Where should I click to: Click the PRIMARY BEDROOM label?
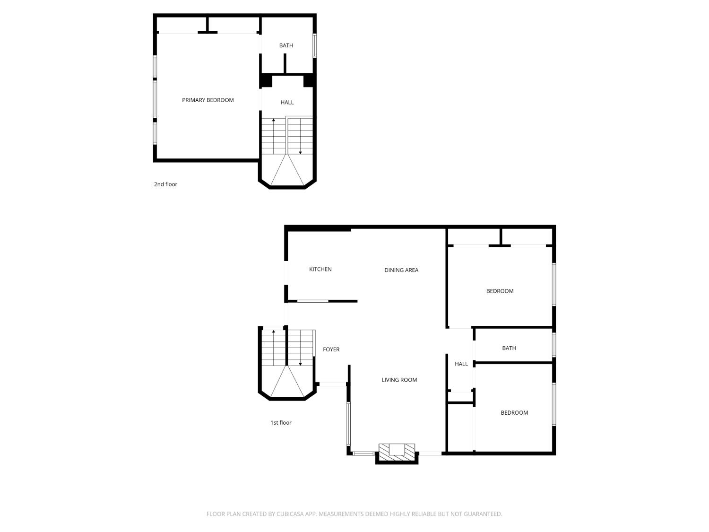coord(208,100)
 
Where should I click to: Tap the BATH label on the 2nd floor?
coord(286,45)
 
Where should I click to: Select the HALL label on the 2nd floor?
coord(287,103)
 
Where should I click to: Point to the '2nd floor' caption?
coord(165,184)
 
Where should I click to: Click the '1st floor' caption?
coord(281,422)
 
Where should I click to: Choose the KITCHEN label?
coord(320,270)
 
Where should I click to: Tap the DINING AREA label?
coord(401,270)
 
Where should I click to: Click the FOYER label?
coord(331,349)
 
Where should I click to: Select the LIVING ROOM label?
coord(399,380)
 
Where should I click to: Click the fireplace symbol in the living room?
coord(397,452)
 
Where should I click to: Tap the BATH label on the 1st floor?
coord(509,348)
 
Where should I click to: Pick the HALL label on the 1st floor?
coord(461,364)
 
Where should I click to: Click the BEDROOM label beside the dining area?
coord(500,291)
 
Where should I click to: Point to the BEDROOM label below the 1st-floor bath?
coord(514,412)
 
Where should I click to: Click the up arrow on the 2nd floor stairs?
coord(274,136)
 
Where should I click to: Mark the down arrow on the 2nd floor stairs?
coord(301,136)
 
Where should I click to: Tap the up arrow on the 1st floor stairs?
coord(274,348)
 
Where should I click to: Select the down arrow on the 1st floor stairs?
coord(301,348)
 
